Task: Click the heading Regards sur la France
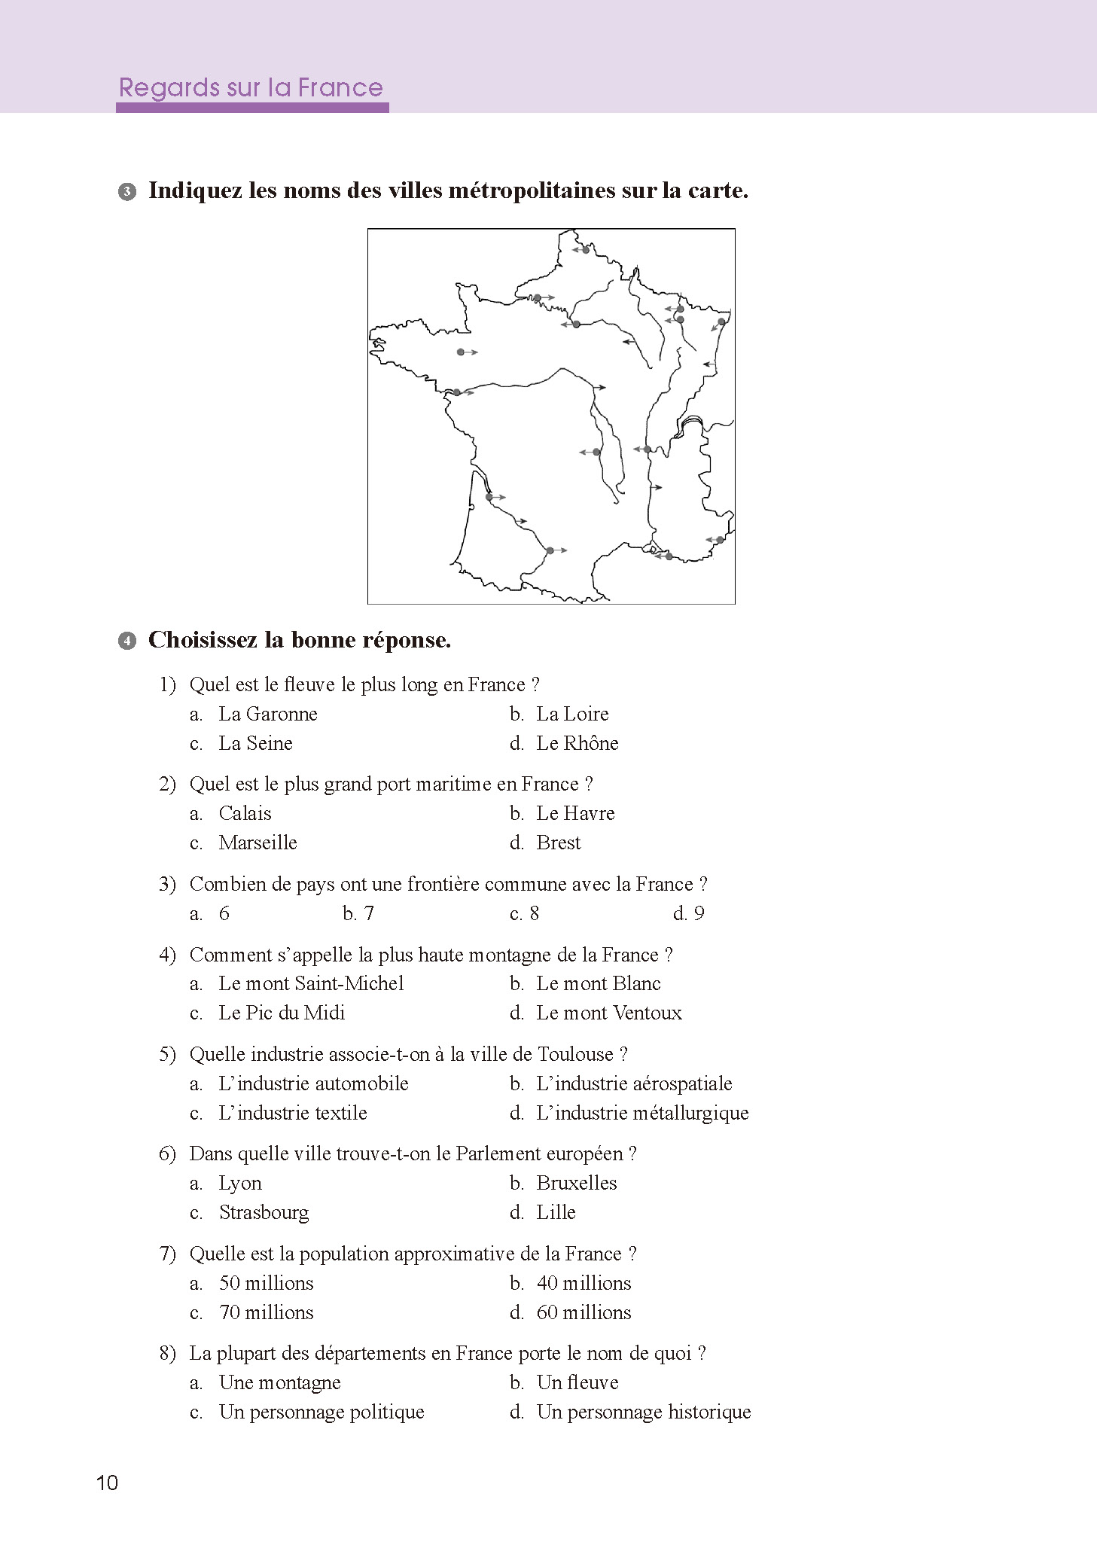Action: click(x=251, y=88)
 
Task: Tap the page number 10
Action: click(x=107, y=1483)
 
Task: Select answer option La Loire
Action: click(x=571, y=714)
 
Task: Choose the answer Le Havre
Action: click(x=574, y=813)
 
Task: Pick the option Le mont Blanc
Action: click(x=598, y=983)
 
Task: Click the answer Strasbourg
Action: click(x=264, y=1212)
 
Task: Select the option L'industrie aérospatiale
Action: click(x=633, y=1083)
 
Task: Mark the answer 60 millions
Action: click(x=584, y=1312)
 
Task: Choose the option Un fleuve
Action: click(x=577, y=1382)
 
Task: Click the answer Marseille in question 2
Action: click(x=257, y=843)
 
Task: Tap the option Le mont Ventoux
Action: click(x=608, y=1013)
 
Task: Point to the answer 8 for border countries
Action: click(x=534, y=913)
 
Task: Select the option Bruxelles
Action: click(x=576, y=1183)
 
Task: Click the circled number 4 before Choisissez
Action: click(x=127, y=641)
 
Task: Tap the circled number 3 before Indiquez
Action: click(x=127, y=191)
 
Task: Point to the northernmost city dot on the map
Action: click(x=586, y=250)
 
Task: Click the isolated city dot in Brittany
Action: click(x=461, y=352)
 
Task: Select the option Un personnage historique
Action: click(x=643, y=1412)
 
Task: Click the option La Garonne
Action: click(x=267, y=714)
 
